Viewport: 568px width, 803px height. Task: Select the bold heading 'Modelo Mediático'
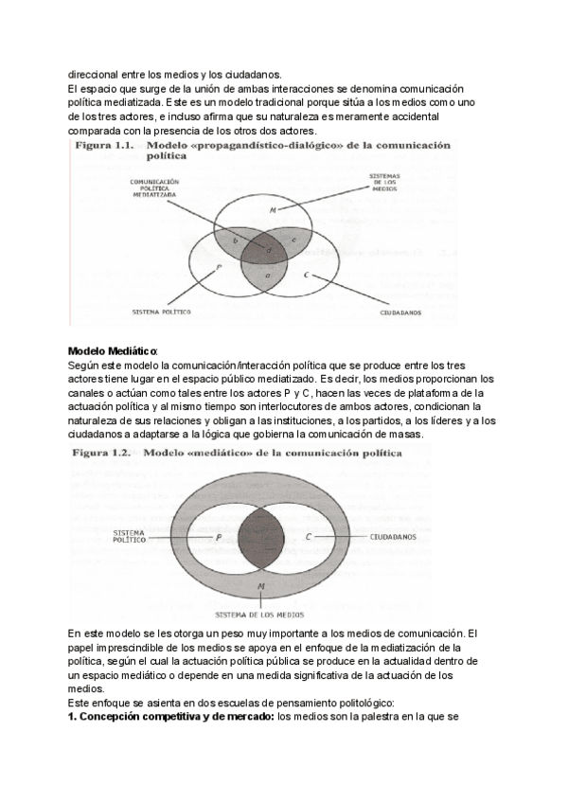point(114,351)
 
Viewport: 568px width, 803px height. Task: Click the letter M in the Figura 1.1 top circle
point(273,209)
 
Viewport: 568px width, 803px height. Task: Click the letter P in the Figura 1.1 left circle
point(220,268)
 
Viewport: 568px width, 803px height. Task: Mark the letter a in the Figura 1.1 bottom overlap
point(268,275)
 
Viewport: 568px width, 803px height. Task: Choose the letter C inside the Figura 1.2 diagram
point(310,537)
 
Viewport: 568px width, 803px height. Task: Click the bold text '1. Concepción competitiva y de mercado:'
point(171,717)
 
